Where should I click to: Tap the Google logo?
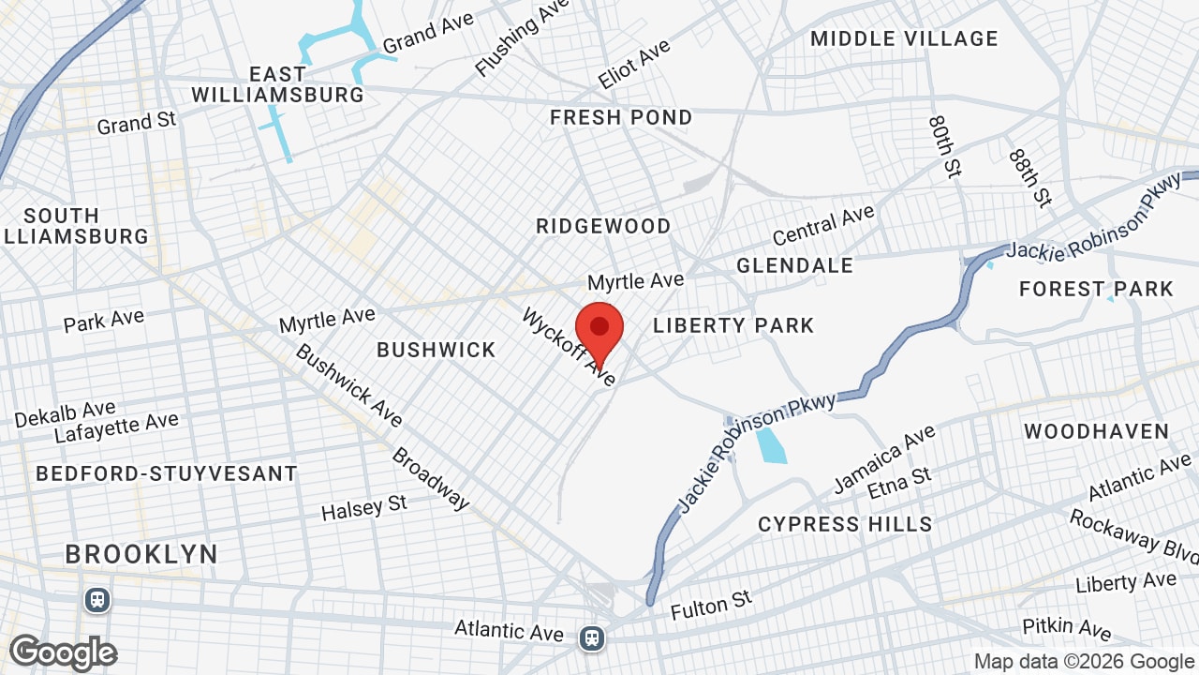click(64, 652)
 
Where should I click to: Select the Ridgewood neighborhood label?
click(603, 226)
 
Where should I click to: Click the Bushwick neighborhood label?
click(436, 350)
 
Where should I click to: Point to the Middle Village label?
click(904, 38)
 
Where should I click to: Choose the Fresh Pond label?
click(621, 117)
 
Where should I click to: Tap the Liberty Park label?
click(733, 325)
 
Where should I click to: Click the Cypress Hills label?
click(845, 524)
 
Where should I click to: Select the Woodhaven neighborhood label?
click(1096, 431)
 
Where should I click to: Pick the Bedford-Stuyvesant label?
click(167, 473)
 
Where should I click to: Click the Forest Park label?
click(1096, 289)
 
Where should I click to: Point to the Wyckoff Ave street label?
click(570, 346)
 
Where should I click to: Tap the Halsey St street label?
click(364, 508)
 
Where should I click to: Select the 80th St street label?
click(945, 146)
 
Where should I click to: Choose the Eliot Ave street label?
click(634, 64)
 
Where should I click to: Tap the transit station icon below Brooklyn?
click(96, 600)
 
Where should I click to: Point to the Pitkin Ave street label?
click(1066, 627)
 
